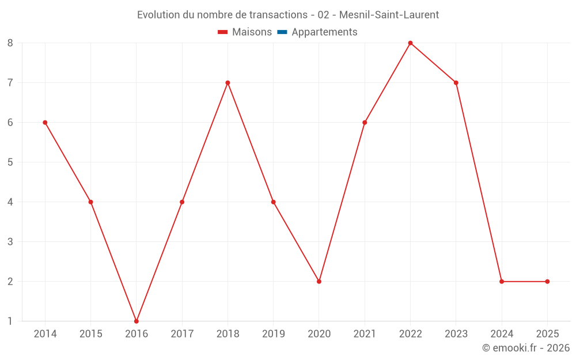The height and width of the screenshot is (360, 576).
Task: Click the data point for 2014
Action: click(45, 122)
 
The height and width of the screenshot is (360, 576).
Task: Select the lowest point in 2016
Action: click(137, 321)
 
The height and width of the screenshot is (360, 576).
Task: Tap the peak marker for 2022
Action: click(410, 43)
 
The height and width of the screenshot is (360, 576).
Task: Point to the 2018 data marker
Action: click(228, 82)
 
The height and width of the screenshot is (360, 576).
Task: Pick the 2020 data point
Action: click(319, 281)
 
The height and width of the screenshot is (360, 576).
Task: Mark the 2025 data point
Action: click(547, 281)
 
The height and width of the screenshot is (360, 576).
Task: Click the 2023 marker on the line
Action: click(456, 82)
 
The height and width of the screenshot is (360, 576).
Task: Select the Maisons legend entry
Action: click(252, 32)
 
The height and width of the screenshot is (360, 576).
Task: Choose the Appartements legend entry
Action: click(324, 32)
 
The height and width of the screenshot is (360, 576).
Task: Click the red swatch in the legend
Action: click(223, 32)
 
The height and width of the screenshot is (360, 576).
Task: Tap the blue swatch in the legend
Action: click(282, 32)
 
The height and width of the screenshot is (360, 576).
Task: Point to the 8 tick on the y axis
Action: click(10, 43)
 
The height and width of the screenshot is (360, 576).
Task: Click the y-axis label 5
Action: click(10, 162)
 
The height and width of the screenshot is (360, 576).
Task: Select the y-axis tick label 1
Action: click(10, 321)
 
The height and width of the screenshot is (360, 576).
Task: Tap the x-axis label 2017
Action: click(182, 334)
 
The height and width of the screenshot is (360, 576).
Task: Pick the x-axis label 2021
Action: click(365, 334)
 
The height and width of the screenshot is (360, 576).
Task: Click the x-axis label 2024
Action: click(502, 334)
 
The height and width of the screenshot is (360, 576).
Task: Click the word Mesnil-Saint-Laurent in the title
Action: click(389, 15)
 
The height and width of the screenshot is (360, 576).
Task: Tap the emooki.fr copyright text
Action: click(526, 348)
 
